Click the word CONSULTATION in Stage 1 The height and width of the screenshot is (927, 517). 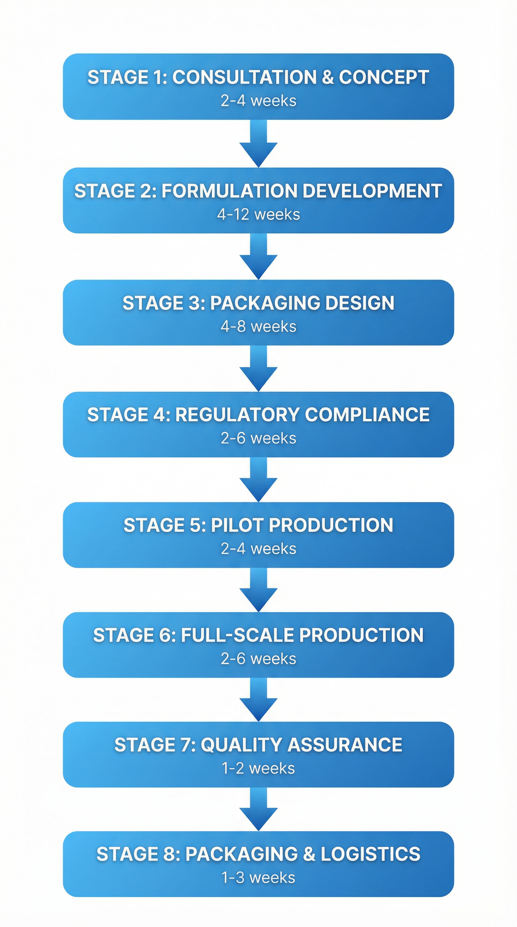244,77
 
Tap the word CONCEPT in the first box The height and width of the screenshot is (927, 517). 384,77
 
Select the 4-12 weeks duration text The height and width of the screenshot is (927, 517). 258,215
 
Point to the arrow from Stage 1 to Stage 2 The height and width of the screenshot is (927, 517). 258,144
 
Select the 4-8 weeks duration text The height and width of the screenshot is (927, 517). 258,327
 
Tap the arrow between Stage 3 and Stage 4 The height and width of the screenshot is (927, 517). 258,369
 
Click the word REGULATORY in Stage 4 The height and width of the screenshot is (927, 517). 237,415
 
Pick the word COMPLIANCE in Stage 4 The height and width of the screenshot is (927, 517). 367,415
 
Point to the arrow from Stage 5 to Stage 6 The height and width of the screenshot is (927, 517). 258,590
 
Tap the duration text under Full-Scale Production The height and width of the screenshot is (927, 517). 258,659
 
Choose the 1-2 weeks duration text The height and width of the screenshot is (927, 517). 258,768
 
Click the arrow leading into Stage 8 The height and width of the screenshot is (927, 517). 258,810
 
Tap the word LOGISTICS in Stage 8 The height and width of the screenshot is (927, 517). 370,854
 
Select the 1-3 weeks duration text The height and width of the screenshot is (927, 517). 258,878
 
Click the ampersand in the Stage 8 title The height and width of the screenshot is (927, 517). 309,854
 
